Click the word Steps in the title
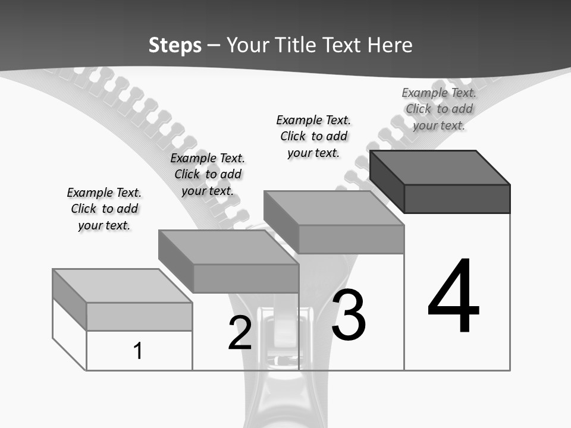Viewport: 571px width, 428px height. click(x=175, y=45)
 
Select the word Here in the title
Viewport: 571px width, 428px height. click(x=390, y=45)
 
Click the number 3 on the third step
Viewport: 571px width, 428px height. click(x=349, y=315)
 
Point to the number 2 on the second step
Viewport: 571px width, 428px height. click(x=240, y=333)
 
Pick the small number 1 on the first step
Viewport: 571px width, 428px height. click(x=138, y=351)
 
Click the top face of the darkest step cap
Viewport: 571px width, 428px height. click(x=440, y=168)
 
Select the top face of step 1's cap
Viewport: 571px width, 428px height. click(x=123, y=286)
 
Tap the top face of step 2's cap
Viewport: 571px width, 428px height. click(x=228, y=247)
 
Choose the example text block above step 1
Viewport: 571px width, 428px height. click(x=104, y=209)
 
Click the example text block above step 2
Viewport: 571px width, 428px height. click(x=208, y=174)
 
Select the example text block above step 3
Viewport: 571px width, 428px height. click(x=313, y=136)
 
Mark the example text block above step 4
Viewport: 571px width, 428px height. click(x=439, y=109)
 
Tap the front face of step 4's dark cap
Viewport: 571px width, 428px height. click(x=457, y=199)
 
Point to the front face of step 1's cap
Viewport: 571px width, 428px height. click(x=139, y=316)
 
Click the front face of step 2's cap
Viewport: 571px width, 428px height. click(x=246, y=278)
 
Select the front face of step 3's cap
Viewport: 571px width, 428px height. click(x=351, y=239)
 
